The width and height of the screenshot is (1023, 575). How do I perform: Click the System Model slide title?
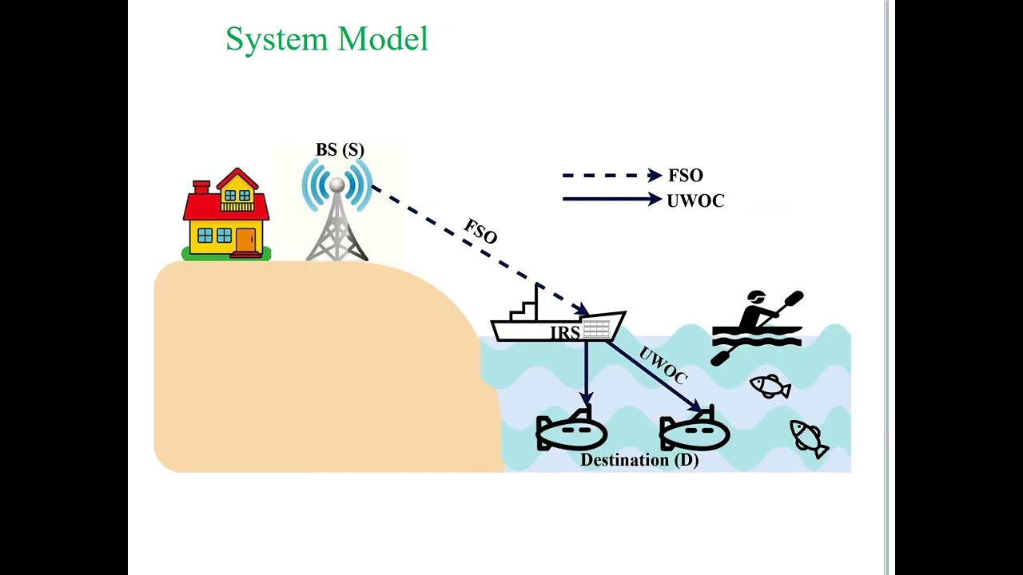click(327, 39)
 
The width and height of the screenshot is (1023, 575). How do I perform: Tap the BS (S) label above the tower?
click(340, 150)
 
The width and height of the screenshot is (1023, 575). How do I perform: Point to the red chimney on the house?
click(201, 187)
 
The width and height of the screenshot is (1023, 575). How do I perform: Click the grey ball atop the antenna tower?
click(337, 185)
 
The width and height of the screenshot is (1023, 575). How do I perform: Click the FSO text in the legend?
click(686, 176)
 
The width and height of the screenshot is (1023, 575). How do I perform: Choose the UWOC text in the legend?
click(695, 201)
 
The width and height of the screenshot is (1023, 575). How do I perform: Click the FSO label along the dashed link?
click(480, 232)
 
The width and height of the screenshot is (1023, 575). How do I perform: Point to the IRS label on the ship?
click(564, 333)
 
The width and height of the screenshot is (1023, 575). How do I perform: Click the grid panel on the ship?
click(596, 328)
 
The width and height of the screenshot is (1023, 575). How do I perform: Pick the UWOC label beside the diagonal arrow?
click(663, 366)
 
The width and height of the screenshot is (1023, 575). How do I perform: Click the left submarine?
click(571, 432)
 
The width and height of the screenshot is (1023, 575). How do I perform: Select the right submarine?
click(694, 432)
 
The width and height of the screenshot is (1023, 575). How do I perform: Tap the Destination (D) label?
click(639, 461)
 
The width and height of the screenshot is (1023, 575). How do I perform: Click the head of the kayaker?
click(755, 299)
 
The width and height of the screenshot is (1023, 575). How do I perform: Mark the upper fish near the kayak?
click(770, 387)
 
